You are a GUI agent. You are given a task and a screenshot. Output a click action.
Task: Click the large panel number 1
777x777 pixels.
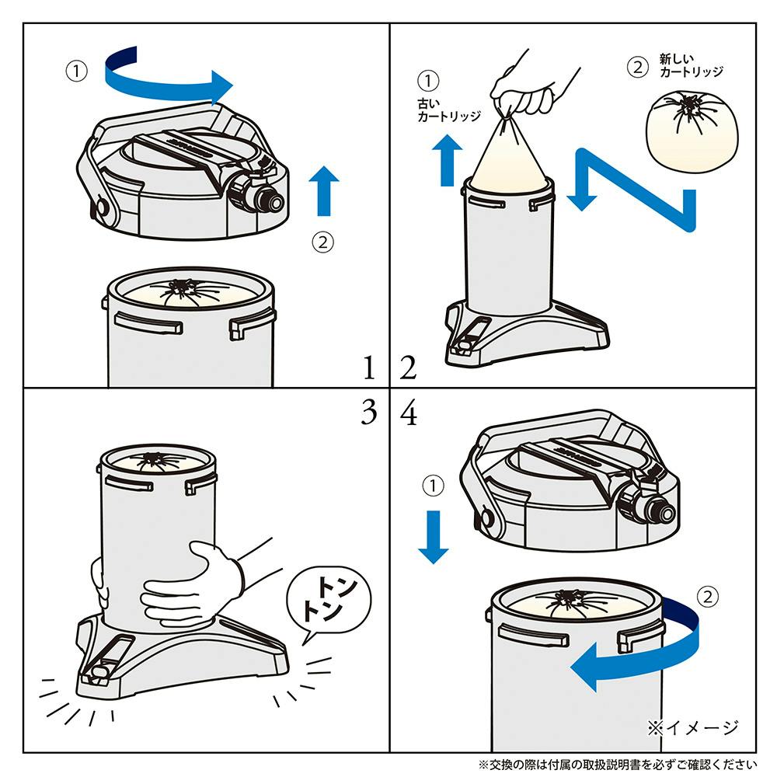click(369, 368)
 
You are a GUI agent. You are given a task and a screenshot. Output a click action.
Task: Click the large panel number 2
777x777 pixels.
click(409, 368)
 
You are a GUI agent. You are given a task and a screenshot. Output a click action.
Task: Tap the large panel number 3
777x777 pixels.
click(369, 412)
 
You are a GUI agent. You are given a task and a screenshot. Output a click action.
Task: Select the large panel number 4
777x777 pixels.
click(409, 412)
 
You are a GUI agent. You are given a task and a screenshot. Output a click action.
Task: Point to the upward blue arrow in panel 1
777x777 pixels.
click(323, 191)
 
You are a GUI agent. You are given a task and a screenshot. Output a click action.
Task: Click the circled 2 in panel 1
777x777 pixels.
click(322, 242)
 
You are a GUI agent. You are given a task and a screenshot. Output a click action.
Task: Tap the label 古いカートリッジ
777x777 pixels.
click(448, 110)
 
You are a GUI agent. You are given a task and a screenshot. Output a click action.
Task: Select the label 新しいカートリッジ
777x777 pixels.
click(691, 65)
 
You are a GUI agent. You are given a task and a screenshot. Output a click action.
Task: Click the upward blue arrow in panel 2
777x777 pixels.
click(448, 160)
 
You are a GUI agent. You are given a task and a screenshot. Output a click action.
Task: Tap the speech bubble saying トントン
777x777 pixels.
click(329, 603)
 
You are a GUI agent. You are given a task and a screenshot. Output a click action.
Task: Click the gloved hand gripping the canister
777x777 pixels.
click(191, 585)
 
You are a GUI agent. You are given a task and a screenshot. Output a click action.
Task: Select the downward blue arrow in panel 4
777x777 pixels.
click(434, 537)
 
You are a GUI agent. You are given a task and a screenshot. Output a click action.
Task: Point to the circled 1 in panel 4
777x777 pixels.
click(433, 486)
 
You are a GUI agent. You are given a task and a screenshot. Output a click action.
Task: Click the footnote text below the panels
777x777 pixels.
click(618, 765)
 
